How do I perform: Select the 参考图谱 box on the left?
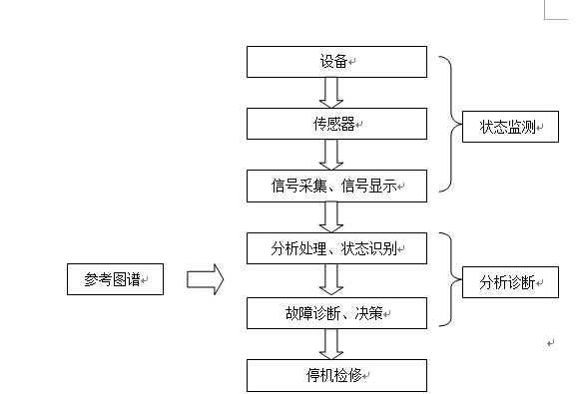(115, 279)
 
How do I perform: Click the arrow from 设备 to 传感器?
(332, 93)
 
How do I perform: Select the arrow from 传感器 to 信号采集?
(332, 154)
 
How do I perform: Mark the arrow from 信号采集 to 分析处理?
(332, 215)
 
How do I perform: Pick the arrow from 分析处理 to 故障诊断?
(332, 279)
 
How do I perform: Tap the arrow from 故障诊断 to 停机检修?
(332, 344)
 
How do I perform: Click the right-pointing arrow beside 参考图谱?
(205, 279)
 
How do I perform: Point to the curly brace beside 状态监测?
(448, 123)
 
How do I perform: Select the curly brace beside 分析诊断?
(448, 282)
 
